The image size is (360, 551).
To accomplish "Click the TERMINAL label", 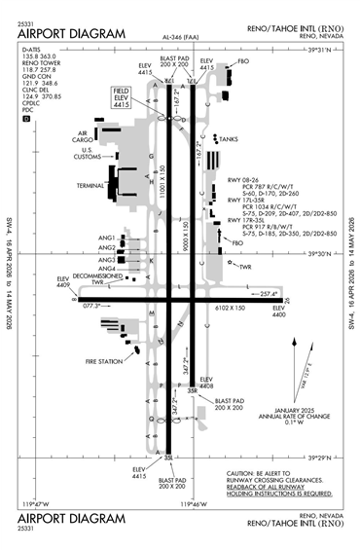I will pyautogui.click(x=90, y=185).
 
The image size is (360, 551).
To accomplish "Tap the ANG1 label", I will pyautogui.click(x=106, y=238).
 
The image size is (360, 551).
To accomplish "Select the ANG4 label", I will pyautogui.click(x=106, y=269).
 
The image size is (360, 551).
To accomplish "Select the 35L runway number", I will pyautogui.click(x=167, y=457).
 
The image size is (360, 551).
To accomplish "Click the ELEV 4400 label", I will pyautogui.click(x=279, y=312).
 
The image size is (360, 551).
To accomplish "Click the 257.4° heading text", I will pyautogui.click(x=270, y=293).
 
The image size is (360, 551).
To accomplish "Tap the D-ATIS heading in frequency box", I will pyautogui.click(x=30, y=48).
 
